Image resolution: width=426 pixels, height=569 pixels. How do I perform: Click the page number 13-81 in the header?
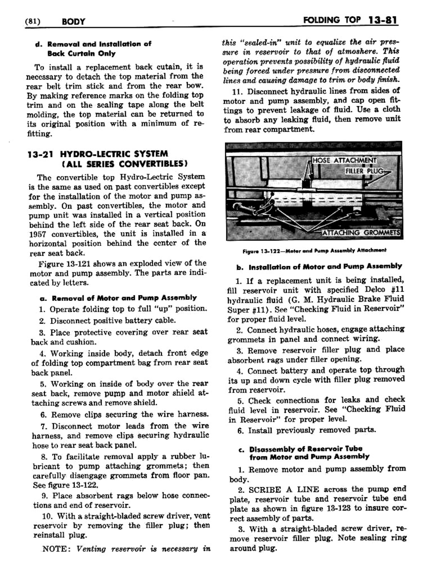(382, 20)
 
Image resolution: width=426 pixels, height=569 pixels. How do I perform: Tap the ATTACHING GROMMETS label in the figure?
(361, 233)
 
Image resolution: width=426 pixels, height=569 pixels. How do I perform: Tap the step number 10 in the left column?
(47, 516)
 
